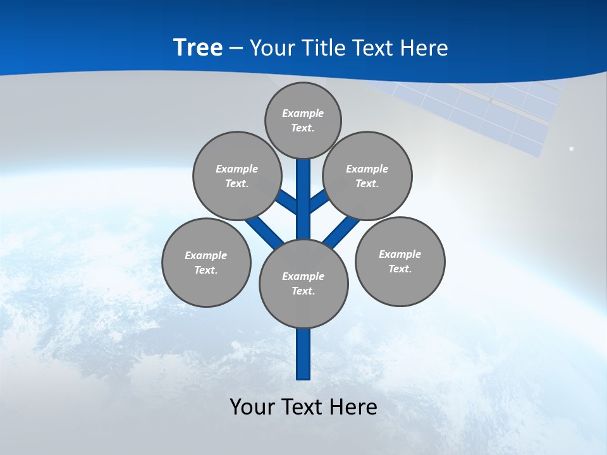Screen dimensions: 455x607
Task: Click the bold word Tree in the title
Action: [198, 47]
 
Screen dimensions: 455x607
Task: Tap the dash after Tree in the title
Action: [236, 49]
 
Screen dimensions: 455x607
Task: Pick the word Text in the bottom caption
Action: [303, 407]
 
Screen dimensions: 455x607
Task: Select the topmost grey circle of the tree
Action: [303, 120]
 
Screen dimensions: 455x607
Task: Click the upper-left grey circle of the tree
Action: [237, 176]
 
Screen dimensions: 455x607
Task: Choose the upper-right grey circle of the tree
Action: [367, 176]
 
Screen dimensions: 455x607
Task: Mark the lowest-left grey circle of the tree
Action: [206, 262]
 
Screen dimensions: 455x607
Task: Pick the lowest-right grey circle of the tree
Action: [400, 261]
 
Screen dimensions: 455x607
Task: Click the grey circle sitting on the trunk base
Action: [303, 283]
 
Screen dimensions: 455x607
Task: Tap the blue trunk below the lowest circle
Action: [303, 354]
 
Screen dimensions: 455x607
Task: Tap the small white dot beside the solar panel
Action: [571, 149]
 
